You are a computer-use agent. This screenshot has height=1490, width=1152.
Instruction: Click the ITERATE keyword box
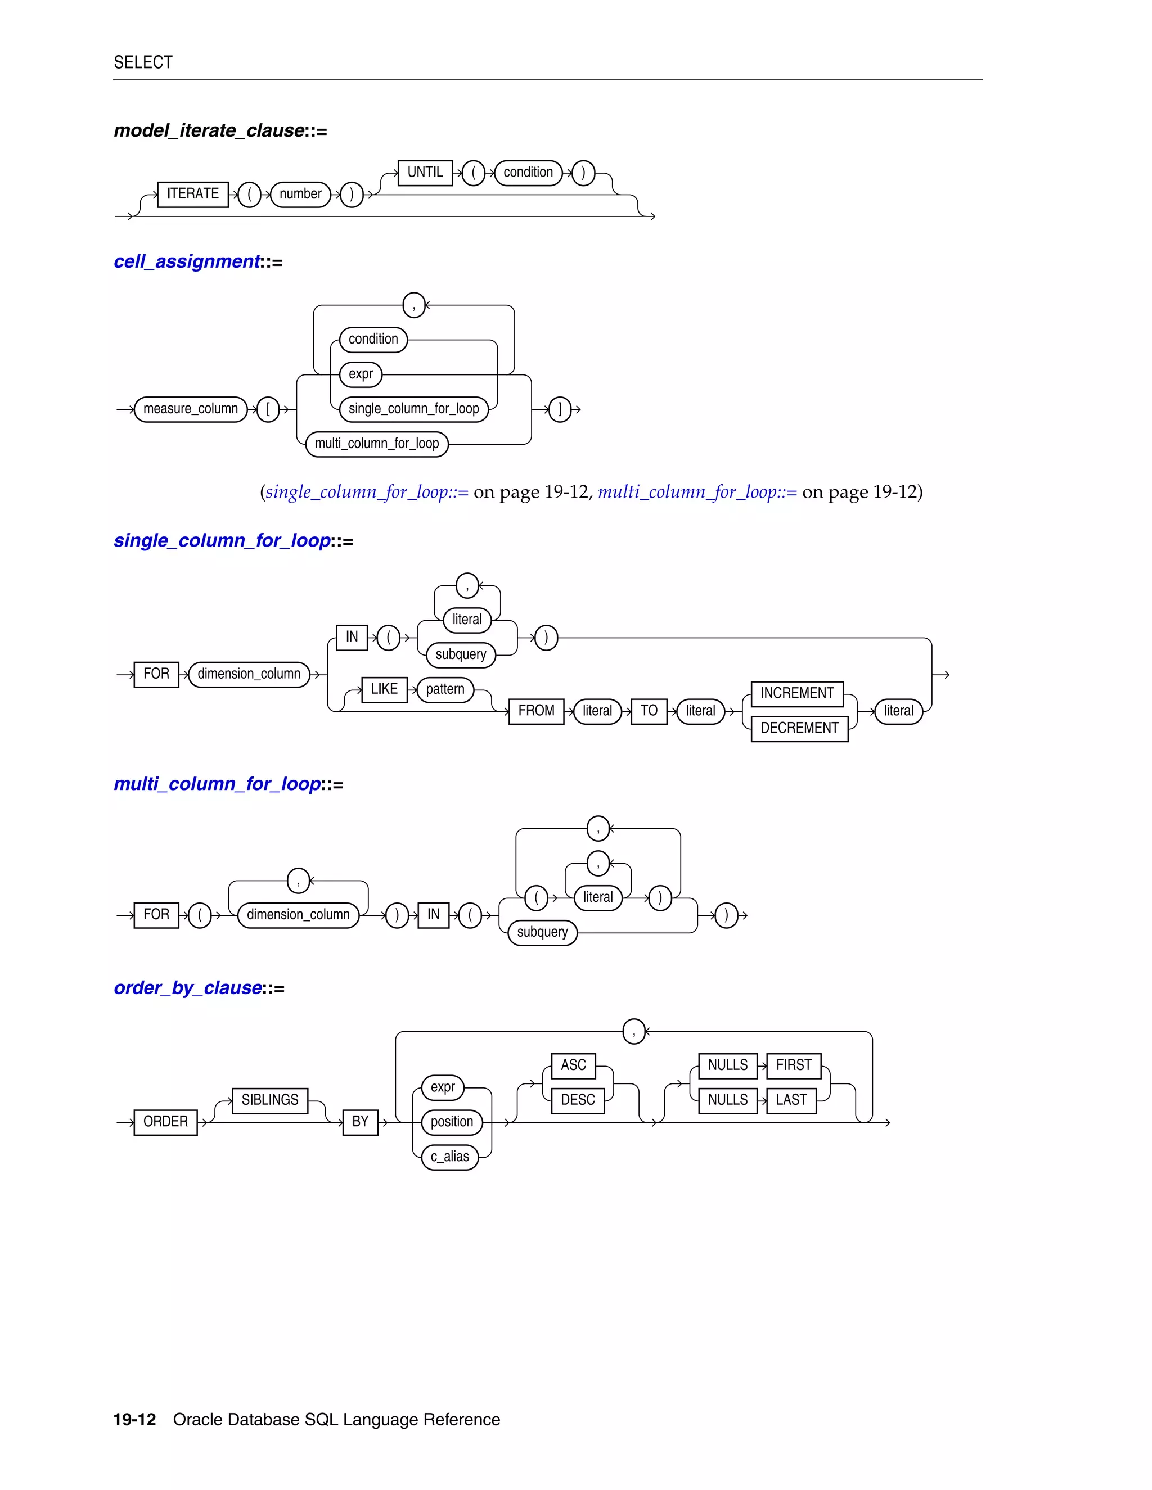click(192, 195)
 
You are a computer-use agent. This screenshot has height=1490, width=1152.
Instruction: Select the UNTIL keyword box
click(425, 173)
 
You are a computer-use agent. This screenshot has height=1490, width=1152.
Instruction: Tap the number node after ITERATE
click(300, 195)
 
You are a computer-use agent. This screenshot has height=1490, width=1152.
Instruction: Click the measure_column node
click(191, 409)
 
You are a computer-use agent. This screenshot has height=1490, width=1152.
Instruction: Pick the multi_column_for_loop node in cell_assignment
click(377, 444)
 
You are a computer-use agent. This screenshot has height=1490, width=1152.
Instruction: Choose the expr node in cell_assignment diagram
click(361, 374)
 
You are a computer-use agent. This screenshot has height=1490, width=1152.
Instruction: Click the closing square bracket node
click(560, 409)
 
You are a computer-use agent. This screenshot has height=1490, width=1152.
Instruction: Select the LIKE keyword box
click(384, 690)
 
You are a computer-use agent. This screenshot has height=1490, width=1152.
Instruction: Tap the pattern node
click(445, 690)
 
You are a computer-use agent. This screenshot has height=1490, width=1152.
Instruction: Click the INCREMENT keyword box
click(796, 694)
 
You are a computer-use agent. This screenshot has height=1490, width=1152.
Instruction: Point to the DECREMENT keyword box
click(799, 729)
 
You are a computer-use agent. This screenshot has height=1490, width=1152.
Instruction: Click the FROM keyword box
click(535, 711)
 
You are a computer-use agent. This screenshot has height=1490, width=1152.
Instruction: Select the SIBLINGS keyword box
click(269, 1100)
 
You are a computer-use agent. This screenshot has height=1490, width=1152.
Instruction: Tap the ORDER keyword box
click(165, 1122)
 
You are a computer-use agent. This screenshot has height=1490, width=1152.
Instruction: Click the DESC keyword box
click(577, 1100)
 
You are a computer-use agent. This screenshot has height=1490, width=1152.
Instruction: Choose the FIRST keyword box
click(793, 1065)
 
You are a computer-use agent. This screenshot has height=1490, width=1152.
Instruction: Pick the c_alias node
click(450, 1157)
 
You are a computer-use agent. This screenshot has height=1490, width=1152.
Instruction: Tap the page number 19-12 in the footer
click(134, 1420)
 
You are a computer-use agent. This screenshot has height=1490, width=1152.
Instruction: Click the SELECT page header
click(143, 63)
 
